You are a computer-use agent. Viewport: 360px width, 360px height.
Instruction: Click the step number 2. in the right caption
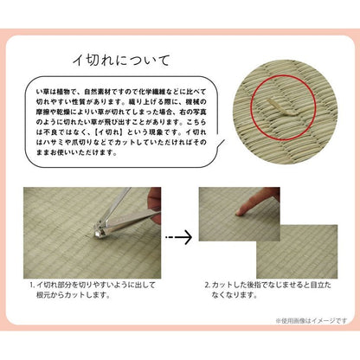point(209,283)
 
